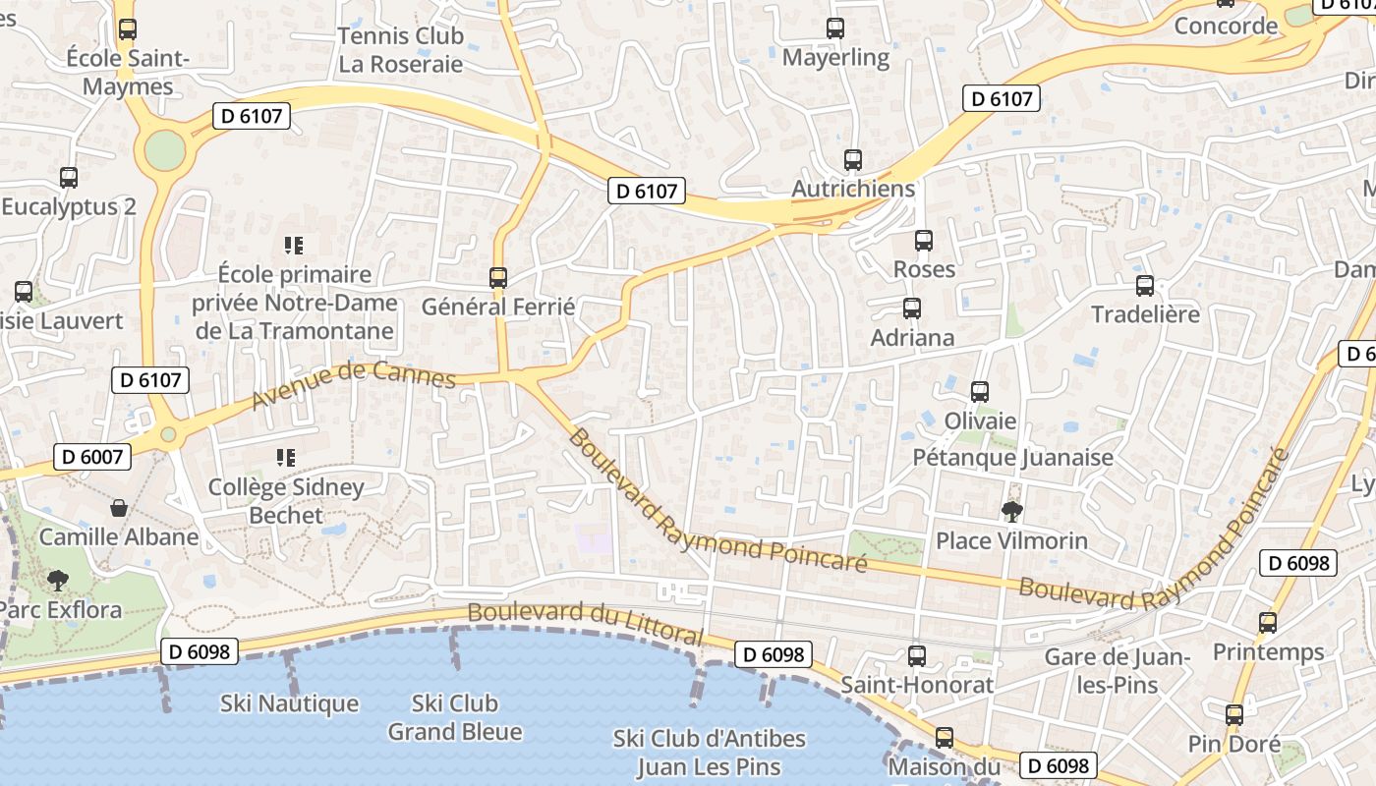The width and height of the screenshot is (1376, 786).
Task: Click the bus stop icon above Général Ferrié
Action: tap(498, 278)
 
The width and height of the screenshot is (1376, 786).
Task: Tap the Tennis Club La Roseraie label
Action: tap(400, 50)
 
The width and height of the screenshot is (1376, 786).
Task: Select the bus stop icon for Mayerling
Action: tap(835, 28)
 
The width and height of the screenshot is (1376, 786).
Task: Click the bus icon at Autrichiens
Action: tap(853, 159)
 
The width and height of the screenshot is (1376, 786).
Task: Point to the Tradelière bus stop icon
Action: tap(1145, 286)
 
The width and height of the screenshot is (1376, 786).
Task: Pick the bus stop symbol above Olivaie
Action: tap(980, 392)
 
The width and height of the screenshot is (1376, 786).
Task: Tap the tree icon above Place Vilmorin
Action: tap(1011, 511)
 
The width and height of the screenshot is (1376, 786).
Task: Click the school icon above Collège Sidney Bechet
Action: tap(286, 457)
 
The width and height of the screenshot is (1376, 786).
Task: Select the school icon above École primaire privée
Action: tap(294, 245)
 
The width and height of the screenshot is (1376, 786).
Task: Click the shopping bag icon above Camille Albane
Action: tap(119, 508)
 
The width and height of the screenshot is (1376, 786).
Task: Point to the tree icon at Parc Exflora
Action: tap(58, 581)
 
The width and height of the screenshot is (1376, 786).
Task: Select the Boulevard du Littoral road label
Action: tap(586, 623)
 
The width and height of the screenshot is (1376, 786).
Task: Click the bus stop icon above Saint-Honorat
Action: tap(917, 655)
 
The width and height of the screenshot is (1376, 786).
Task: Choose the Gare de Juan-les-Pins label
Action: tap(1118, 671)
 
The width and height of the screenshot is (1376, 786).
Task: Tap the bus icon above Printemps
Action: tap(1268, 622)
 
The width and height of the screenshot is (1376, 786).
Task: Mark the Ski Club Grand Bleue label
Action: tap(455, 717)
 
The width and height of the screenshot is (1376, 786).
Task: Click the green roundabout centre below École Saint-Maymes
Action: tap(164, 150)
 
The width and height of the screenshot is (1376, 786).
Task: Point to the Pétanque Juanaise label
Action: tap(1013, 457)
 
